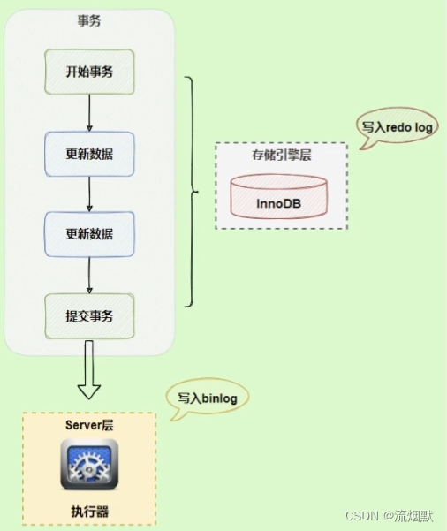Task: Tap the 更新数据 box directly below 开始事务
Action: click(x=89, y=154)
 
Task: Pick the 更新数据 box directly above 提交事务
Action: click(x=89, y=233)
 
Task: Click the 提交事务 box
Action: click(x=89, y=315)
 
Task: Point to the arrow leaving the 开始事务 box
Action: click(x=89, y=113)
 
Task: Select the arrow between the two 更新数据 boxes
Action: click(x=89, y=193)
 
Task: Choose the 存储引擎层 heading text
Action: click(x=281, y=156)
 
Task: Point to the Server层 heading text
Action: click(x=89, y=426)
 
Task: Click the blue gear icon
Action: click(x=89, y=465)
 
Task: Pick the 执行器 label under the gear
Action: click(x=89, y=512)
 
